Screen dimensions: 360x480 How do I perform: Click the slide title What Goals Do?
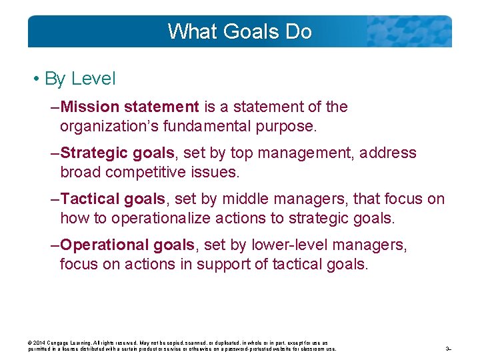[x=239, y=31]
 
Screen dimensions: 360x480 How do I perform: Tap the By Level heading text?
[x=80, y=79]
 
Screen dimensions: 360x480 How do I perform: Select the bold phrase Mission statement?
[x=129, y=107]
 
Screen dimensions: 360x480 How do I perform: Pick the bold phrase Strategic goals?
[x=117, y=153]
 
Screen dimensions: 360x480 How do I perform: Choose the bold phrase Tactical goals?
[x=113, y=199]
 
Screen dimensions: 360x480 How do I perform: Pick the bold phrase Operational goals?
[x=127, y=245]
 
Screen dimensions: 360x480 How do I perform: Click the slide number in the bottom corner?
[x=449, y=349]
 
